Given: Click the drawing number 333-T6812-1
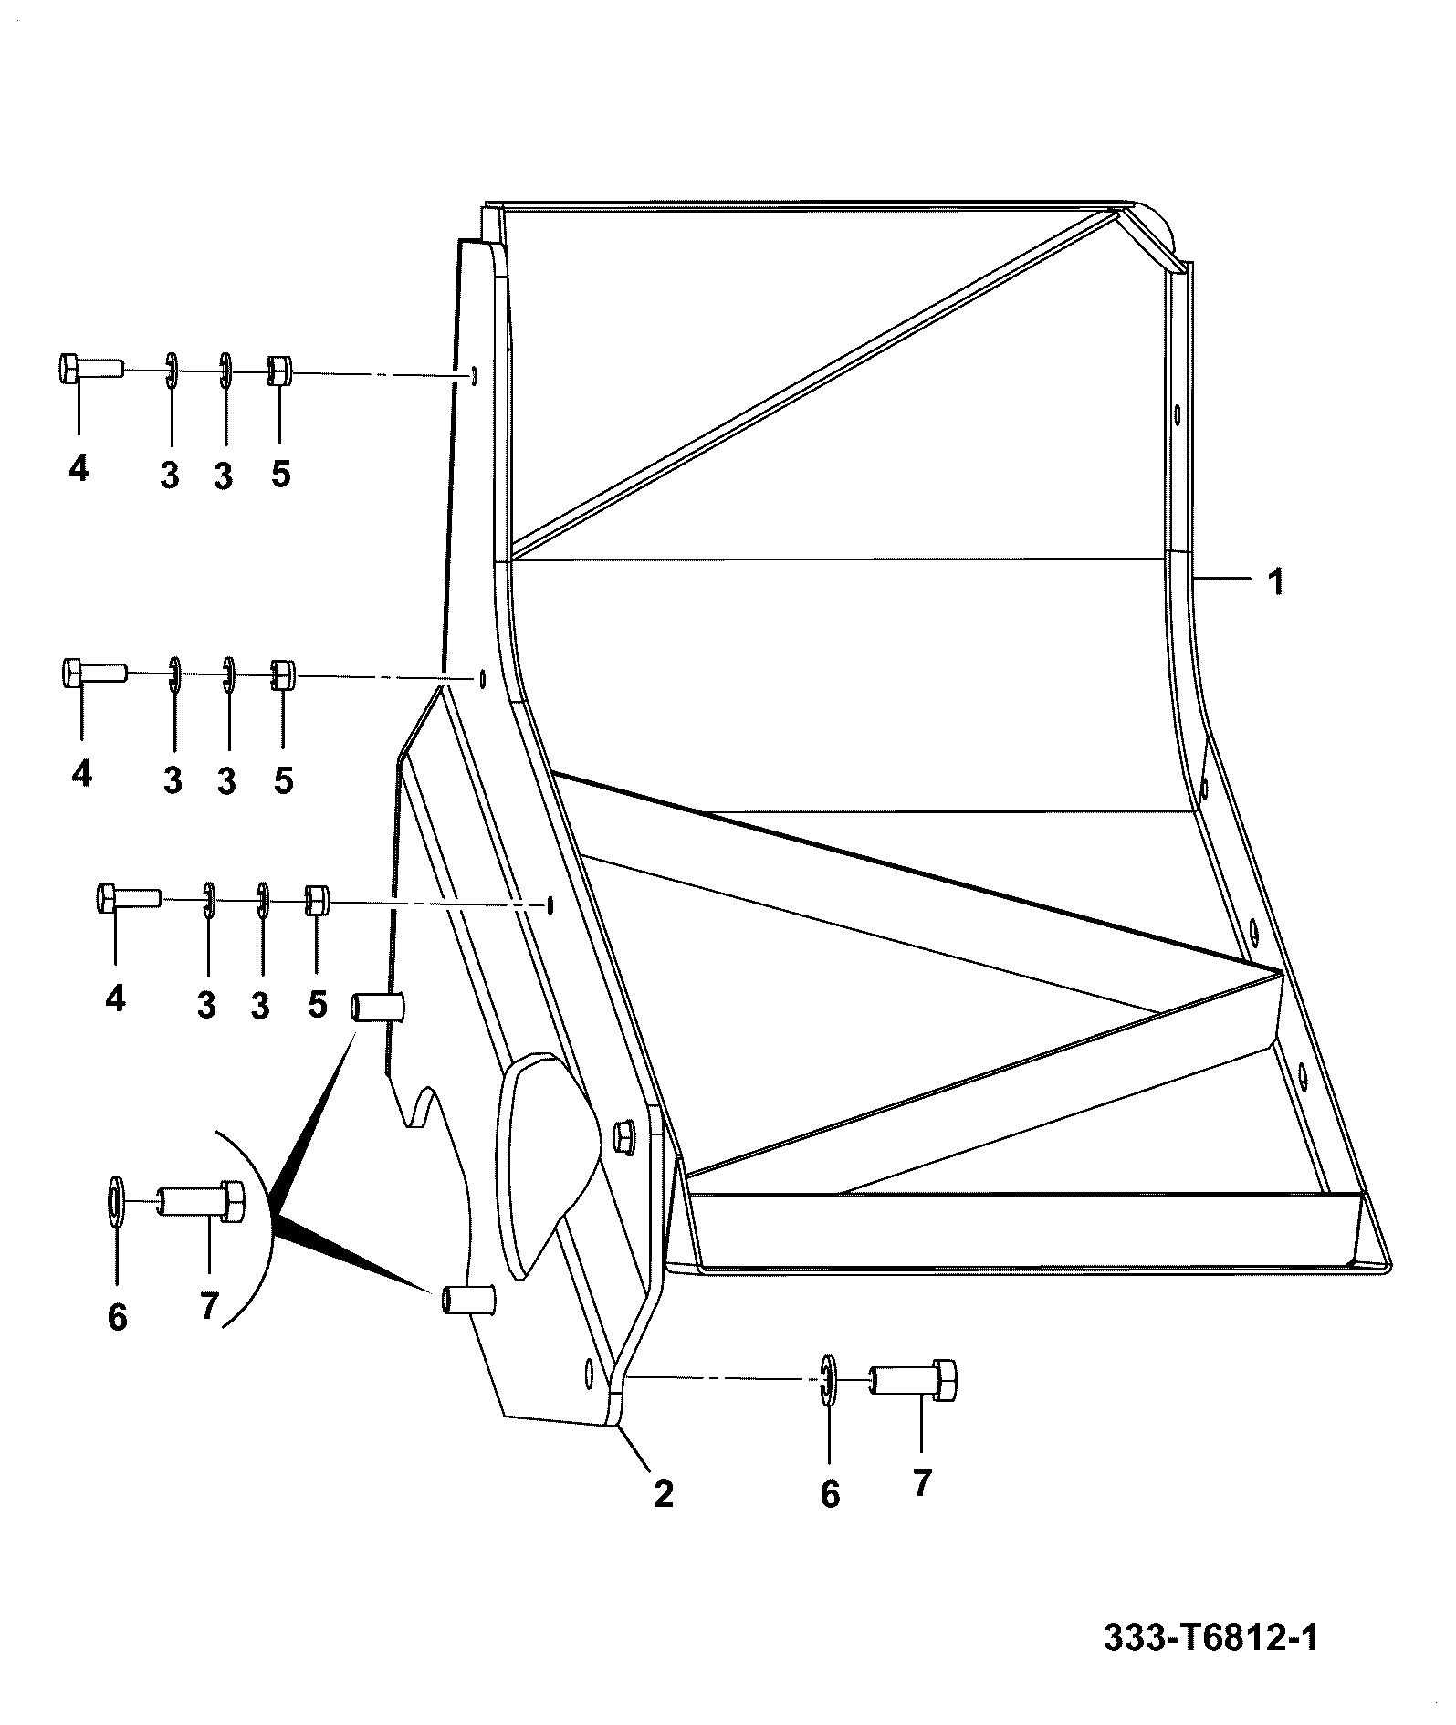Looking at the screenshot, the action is tap(1210, 1638).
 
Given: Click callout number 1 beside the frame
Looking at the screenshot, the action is tap(1277, 581).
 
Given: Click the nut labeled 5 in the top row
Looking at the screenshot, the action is tap(278, 371).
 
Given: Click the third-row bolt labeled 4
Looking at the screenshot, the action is tap(129, 898).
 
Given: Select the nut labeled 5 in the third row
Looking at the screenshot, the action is tap(316, 900).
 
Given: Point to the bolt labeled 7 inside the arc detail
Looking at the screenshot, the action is tap(201, 1201).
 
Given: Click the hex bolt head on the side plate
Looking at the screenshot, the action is tap(624, 1138).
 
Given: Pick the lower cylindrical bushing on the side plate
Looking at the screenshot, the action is tap(468, 1299).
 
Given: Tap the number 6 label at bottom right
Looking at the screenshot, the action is tap(830, 1494).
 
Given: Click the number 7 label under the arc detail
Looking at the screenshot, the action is tap(209, 1308).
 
